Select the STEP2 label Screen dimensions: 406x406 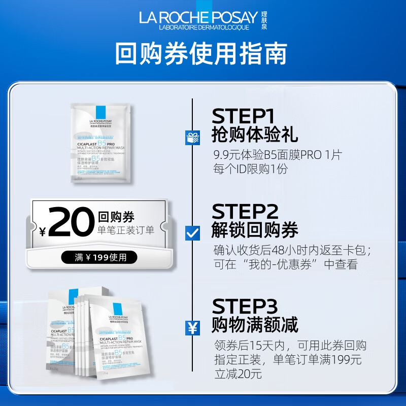[x=246, y=211]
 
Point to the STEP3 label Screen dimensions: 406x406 [x=246, y=307]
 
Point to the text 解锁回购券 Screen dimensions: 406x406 [x=255, y=230]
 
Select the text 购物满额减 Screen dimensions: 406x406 [x=255, y=324]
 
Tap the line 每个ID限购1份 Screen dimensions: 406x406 [x=251, y=169]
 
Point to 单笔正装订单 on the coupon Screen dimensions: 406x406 [x=125, y=231]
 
